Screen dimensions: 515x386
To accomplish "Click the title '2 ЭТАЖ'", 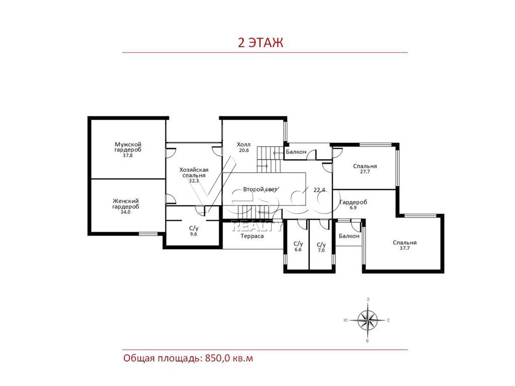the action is pos(261,43).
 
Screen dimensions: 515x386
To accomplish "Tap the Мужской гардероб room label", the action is pos(128,147).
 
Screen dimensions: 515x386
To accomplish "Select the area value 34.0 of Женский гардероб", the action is pos(125,212).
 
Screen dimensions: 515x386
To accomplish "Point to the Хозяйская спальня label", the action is pos(194,173).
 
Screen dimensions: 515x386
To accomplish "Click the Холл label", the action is pos(244,144).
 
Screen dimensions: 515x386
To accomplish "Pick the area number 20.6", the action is pos(244,150).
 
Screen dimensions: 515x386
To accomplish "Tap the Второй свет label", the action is pos(260,189).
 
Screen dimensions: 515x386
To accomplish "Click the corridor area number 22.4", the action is pos(319,189).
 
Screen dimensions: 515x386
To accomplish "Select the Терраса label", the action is pos(252,236).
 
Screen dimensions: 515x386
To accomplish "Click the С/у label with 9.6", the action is pos(194,228).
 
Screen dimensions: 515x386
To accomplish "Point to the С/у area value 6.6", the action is pos(298,249).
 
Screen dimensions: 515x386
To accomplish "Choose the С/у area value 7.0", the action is pos(321,250).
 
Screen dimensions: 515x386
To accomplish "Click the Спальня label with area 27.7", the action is pos(365,166).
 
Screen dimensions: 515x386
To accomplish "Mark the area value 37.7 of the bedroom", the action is pos(405,248).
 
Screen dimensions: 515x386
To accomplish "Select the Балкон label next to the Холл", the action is pos(296,152).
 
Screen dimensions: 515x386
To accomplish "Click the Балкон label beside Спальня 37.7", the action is pos(349,236).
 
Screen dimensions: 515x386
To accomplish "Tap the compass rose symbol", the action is pos(367,320).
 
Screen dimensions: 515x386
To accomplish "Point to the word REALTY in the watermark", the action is pos(257,226).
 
